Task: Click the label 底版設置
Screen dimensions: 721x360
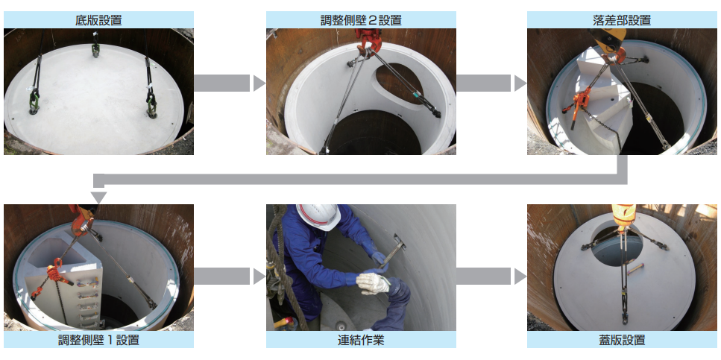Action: pyautogui.click(x=98, y=20)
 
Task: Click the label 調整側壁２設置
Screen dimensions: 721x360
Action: pyautogui.click(x=361, y=20)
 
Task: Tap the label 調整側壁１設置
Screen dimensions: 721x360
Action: pyautogui.click(x=98, y=341)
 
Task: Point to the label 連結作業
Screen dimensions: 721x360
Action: pyautogui.click(x=361, y=341)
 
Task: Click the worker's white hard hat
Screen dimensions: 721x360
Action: pyautogui.click(x=318, y=217)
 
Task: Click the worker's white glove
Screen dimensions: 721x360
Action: pyautogui.click(x=373, y=283)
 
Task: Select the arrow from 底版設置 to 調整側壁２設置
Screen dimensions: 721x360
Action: pyautogui.click(x=230, y=83)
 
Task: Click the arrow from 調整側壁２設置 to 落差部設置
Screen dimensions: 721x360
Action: pyautogui.click(x=491, y=83)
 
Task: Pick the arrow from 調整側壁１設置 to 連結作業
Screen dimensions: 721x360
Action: pyautogui.click(x=230, y=277)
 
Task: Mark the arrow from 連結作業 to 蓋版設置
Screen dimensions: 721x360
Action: pyautogui.click(x=491, y=277)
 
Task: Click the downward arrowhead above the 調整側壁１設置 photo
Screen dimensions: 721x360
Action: pyautogui.click(x=99, y=198)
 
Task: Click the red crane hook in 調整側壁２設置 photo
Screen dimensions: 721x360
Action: pyautogui.click(x=368, y=40)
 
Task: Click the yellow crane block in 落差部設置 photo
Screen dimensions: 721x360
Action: pyautogui.click(x=608, y=37)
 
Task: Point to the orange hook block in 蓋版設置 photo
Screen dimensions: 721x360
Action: pyautogui.click(x=624, y=216)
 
